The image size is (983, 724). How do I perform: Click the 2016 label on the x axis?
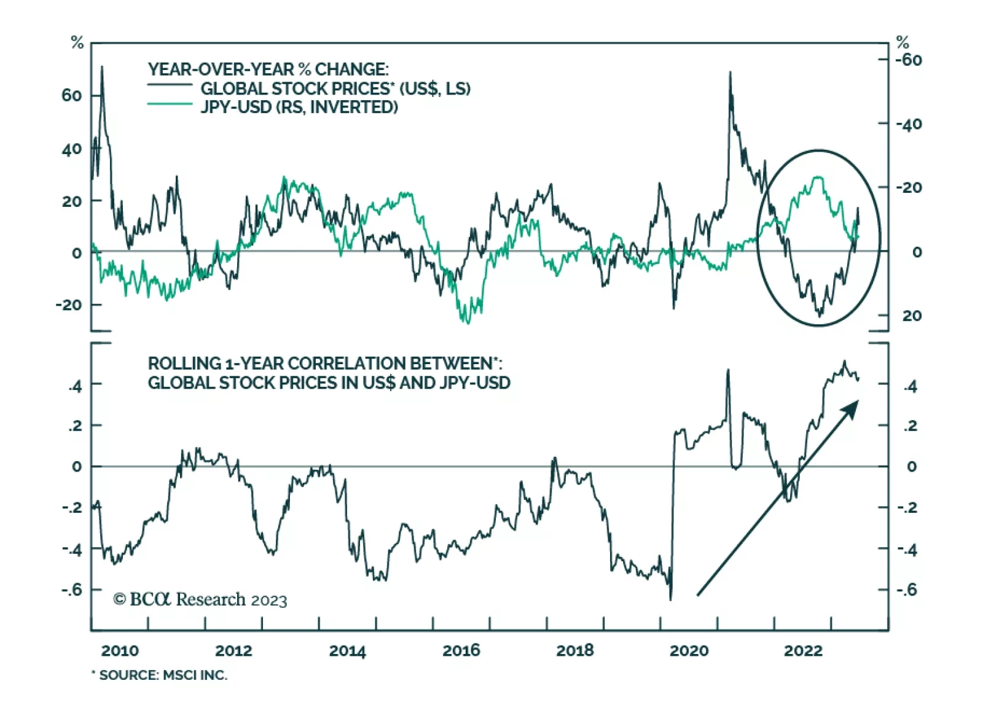point(461,650)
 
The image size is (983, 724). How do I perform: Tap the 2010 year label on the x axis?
point(120,650)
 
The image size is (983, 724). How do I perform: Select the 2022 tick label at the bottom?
point(802,650)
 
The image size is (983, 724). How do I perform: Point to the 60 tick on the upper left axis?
point(71,95)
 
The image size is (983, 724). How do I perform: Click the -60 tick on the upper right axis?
point(909,60)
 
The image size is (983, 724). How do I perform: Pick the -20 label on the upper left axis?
point(68,305)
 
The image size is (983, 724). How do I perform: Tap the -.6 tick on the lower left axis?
point(71,590)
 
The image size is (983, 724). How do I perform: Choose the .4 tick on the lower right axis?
point(911,386)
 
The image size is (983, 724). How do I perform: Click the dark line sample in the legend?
point(170,85)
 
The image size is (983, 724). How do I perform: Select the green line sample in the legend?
point(170,104)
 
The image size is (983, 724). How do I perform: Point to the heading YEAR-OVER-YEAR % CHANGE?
point(268,69)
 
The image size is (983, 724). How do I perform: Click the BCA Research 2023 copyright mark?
point(200,599)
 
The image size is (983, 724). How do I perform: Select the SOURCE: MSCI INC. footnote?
point(160,675)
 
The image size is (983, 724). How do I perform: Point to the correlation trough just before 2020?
point(670,599)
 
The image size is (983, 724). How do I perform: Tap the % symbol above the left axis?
point(77,42)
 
